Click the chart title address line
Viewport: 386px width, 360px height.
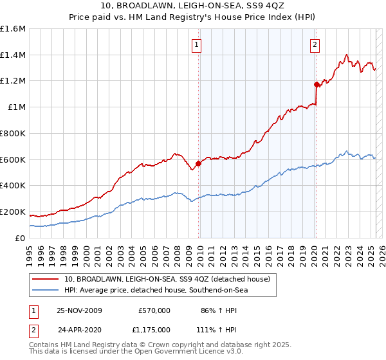(x=192, y=6)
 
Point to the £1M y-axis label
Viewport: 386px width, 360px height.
(x=16, y=107)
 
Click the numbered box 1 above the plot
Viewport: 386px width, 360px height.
(x=196, y=45)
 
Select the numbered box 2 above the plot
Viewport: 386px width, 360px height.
(x=315, y=45)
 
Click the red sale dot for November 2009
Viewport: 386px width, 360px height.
(x=198, y=163)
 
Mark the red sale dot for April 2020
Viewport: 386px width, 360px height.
(x=316, y=84)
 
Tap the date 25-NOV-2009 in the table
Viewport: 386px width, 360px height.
(x=80, y=310)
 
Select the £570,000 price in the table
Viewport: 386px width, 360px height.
(x=154, y=310)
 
